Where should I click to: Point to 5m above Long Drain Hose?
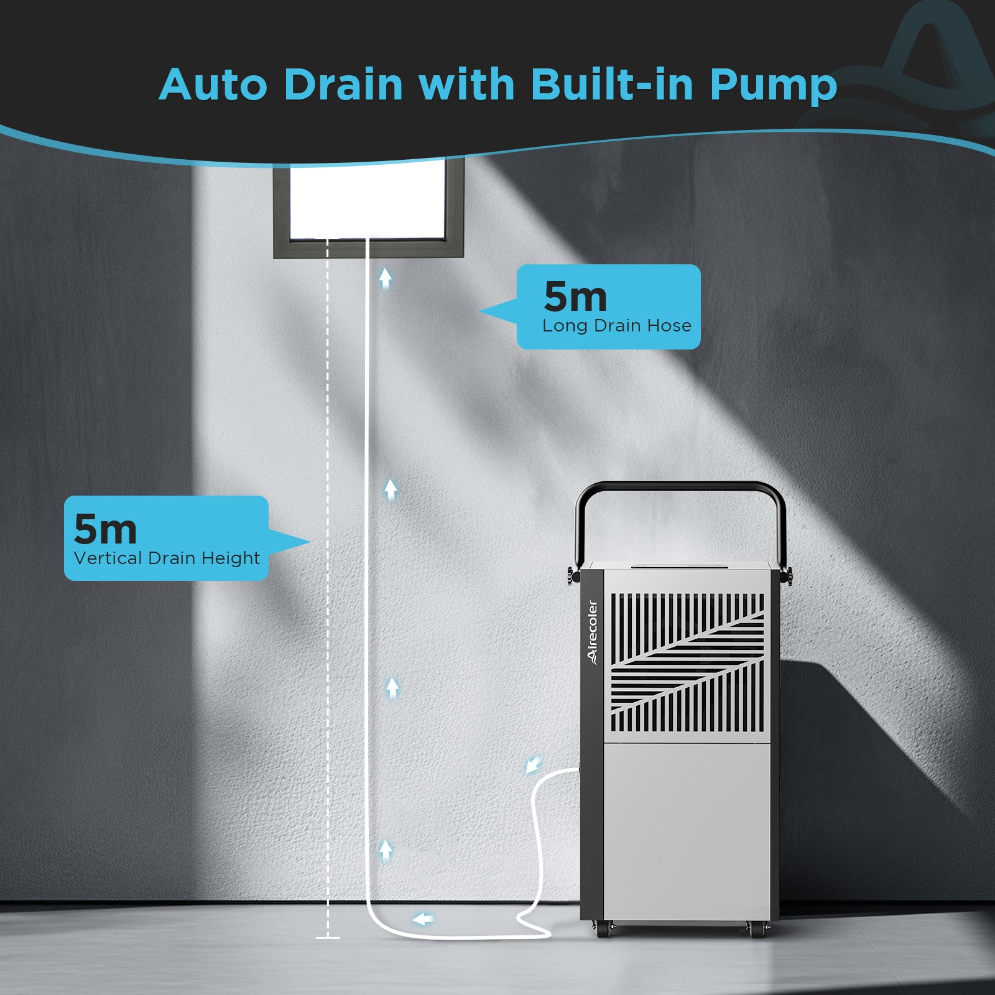(575, 297)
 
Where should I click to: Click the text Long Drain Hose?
(616, 326)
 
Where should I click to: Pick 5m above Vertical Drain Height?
(105, 529)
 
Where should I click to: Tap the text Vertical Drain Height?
(167, 558)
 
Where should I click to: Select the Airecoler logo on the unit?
(592, 632)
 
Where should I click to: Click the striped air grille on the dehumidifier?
(687, 662)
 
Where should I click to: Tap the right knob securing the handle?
(789, 575)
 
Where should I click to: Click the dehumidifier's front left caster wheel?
(602, 930)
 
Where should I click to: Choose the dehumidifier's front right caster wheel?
(756, 930)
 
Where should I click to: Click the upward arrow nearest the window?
(386, 279)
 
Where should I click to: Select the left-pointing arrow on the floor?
(423, 919)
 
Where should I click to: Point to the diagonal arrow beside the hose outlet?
(533, 765)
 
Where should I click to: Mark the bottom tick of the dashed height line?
(328, 937)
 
